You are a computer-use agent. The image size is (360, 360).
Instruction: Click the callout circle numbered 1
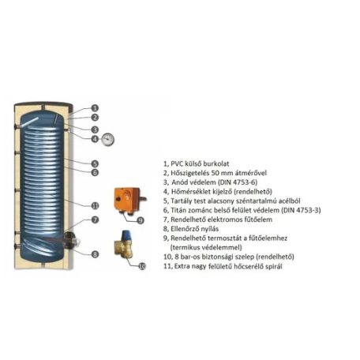tap(95, 107)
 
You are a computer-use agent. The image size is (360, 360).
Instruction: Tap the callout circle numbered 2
tap(95, 118)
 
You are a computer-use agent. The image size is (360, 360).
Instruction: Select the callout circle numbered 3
tap(95, 129)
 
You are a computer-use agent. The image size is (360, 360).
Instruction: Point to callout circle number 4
tap(95, 139)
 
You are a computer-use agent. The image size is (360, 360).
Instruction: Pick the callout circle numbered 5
tap(95, 163)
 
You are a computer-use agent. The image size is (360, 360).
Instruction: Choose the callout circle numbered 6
tap(95, 172)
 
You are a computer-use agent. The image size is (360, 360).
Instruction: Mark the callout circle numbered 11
tap(95, 205)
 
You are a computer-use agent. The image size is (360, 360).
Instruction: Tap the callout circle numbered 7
tap(95, 220)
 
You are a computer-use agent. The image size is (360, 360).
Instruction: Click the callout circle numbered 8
tap(95, 254)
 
